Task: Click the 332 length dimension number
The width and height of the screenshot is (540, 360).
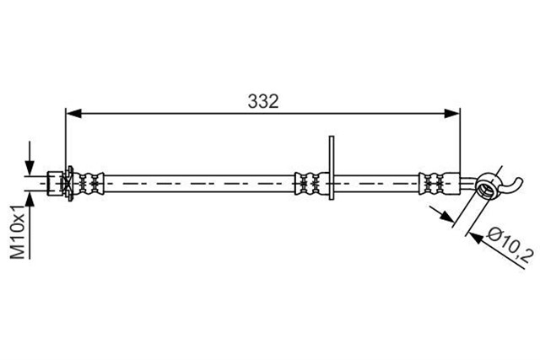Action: pyautogui.click(x=263, y=101)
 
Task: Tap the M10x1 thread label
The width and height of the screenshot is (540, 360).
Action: pyautogui.click(x=19, y=232)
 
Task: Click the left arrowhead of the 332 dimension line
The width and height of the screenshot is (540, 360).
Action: pyautogui.click(x=73, y=113)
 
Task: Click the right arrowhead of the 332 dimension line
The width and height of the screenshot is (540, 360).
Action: pyautogui.click(x=452, y=113)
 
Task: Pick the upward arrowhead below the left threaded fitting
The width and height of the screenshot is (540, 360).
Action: pyautogui.click(x=30, y=199)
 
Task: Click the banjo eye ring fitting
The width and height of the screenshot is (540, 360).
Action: pyautogui.click(x=486, y=186)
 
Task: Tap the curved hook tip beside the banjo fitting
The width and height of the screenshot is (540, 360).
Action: pyautogui.click(x=516, y=185)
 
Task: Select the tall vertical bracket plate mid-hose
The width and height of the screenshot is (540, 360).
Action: pyautogui.click(x=332, y=168)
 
